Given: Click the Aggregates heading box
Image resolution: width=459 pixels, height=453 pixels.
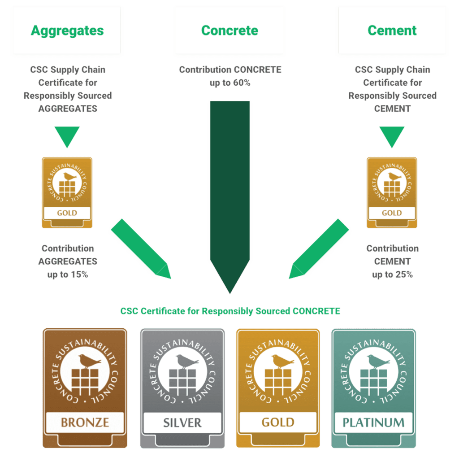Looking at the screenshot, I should (x=67, y=30).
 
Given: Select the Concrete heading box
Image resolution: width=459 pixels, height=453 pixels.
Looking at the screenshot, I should (x=229, y=30).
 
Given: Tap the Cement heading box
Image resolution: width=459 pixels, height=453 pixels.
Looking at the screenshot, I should (x=392, y=30).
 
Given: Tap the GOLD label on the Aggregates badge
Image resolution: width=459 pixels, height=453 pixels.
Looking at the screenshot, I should (x=67, y=213).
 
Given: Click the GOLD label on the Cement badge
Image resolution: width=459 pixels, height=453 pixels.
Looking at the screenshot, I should (x=392, y=213).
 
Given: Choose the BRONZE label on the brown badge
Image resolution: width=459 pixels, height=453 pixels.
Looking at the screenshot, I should (x=85, y=422).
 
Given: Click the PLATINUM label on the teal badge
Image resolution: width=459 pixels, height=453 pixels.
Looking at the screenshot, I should (x=373, y=423).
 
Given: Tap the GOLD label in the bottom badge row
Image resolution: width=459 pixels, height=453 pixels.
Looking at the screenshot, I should (x=278, y=423).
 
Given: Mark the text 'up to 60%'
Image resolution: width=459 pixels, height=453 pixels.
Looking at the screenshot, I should (x=229, y=83).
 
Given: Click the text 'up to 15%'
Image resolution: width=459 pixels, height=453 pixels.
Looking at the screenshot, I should (x=67, y=274).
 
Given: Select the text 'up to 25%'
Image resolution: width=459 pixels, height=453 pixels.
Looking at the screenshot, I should (x=392, y=274).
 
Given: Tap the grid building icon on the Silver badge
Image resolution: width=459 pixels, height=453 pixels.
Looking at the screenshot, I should (x=182, y=383).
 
